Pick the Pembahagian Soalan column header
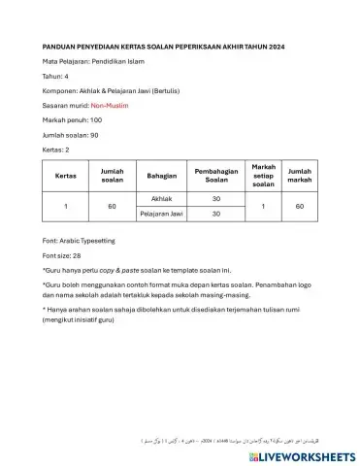(x=204, y=176)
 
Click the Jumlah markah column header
(x=300, y=176)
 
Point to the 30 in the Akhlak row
(x=204, y=197)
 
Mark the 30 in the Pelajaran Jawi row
(x=204, y=214)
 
